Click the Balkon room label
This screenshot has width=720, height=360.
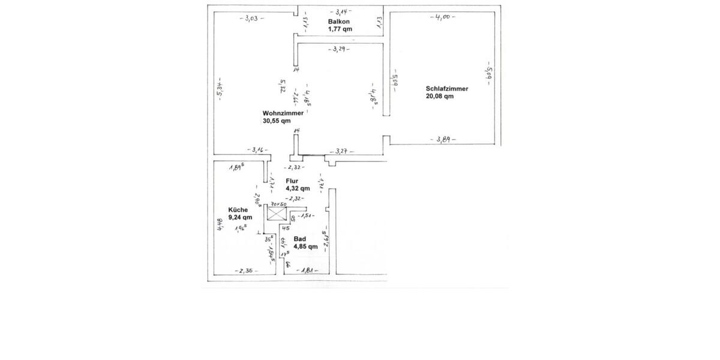point(337,22)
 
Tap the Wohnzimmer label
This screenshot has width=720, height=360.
point(283,113)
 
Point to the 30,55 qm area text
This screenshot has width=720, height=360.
point(276,121)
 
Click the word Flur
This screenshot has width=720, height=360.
point(292,180)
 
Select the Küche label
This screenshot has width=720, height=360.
point(238,210)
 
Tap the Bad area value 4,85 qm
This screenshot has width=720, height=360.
point(305,247)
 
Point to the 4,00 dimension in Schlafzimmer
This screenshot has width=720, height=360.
point(443,17)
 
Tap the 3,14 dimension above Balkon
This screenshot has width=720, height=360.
point(341,11)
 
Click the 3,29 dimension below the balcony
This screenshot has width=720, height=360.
point(340,49)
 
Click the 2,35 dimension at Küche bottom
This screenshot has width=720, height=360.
point(246,271)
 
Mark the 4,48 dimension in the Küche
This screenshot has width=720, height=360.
point(220,224)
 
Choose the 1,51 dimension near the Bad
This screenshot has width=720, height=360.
point(307,216)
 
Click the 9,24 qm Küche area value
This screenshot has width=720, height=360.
point(240,218)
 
